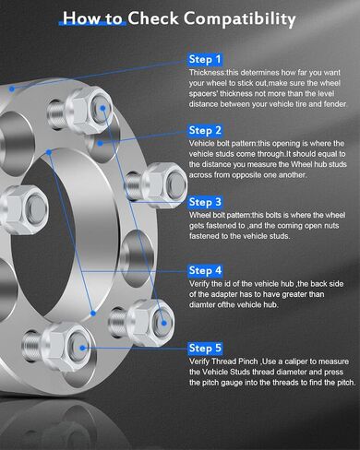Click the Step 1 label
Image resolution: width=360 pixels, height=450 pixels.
pos(205,60)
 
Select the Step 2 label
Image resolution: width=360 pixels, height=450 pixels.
pos(205,131)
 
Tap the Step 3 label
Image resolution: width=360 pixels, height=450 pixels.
pos(205,202)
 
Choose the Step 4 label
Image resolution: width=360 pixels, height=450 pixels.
pos(205,271)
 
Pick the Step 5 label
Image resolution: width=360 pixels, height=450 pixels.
pos(205,349)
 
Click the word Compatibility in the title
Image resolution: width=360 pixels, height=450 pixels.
pos(240,18)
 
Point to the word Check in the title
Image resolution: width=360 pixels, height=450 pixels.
pos(153,18)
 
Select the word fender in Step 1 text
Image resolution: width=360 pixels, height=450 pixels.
pos(335,104)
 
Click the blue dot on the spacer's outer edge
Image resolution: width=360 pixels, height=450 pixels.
pos(12,89)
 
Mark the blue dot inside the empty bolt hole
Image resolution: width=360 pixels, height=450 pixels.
pos(100,143)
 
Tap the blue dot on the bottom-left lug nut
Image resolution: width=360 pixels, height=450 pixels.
pos(82,348)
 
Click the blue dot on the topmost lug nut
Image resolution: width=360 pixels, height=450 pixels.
pos(102,108)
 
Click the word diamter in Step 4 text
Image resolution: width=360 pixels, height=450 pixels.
pos(203,305)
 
